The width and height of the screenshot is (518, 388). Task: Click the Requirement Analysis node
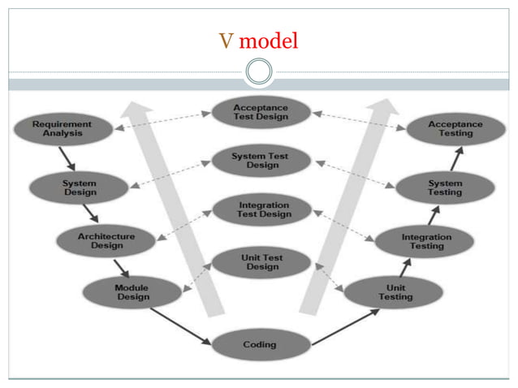click(62, 129)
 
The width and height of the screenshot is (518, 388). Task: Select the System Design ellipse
click(79, 188)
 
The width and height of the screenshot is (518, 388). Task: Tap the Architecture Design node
click(106, 240)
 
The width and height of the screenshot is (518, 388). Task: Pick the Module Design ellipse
click(132, 292)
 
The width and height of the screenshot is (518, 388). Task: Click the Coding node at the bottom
click(260, 345)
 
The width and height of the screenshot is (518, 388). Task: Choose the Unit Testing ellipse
click(395, 292)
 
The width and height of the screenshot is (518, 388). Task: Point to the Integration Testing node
click(426, 241)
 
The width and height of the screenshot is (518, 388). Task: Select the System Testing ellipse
click(444, 188)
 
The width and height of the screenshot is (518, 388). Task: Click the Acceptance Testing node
click(455, 129)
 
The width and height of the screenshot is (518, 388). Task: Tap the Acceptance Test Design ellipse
click(260, 113)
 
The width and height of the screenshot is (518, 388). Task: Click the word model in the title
click(269, 41)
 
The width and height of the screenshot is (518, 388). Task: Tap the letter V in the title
click(226, 41)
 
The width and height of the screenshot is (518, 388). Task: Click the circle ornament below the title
click(259, 72)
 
